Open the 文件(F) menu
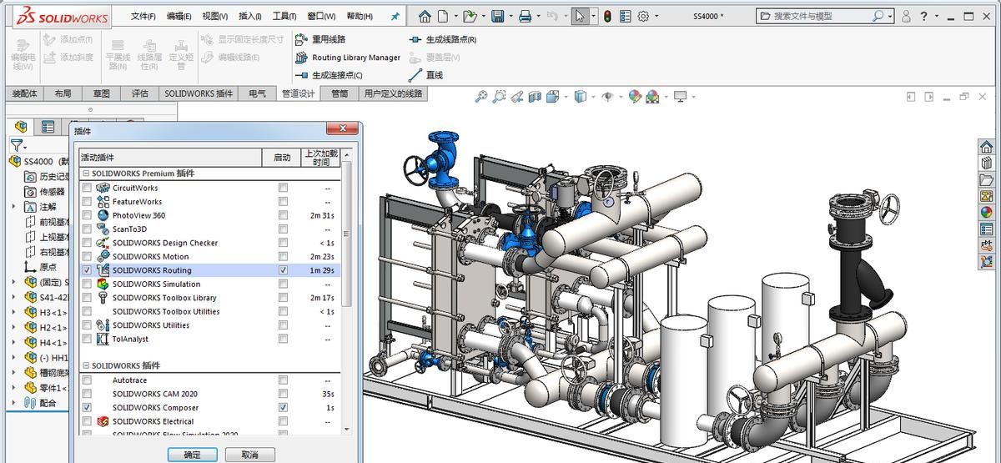coord(143,16)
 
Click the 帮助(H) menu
coord(360,16)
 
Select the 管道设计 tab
coord(298,93)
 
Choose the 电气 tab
coord(257,93)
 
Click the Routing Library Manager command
coord(355,58)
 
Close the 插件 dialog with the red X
coord(342,129)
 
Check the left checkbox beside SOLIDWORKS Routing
coord(87,270)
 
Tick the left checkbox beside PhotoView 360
coord(87,215)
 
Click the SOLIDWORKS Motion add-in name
coord(150,257)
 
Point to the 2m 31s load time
coord(321,215)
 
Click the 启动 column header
coord(281,157)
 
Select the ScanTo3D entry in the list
coord(129,229)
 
